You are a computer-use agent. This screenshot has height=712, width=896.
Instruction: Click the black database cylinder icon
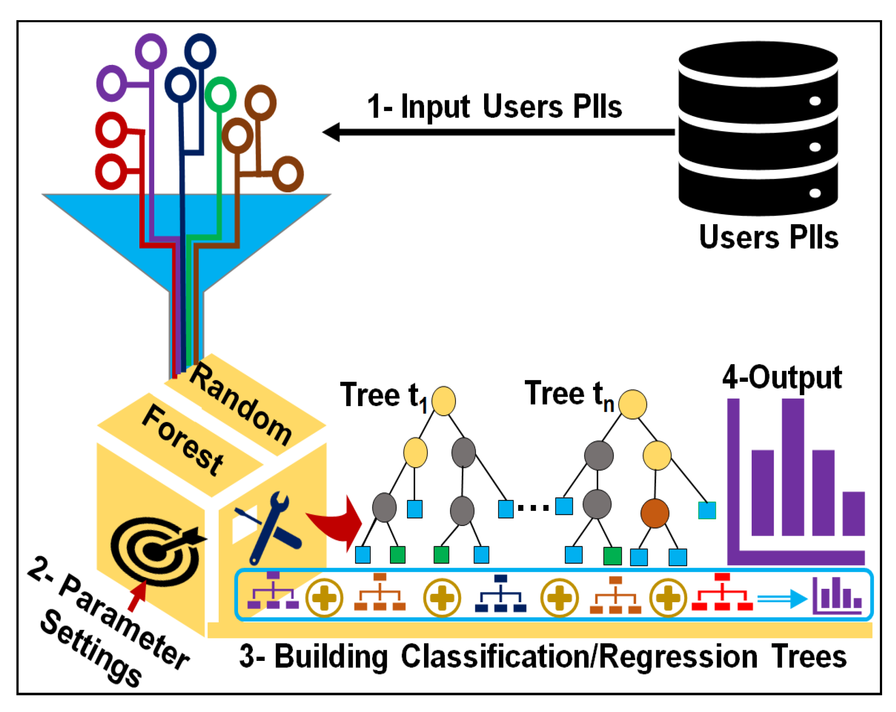tap(757, 129)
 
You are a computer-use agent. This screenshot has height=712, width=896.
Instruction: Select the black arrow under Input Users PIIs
tap(498, 132)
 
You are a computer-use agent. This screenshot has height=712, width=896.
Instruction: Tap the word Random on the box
tap(241, 404)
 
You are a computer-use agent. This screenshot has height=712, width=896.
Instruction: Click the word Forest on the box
tap(183, 440)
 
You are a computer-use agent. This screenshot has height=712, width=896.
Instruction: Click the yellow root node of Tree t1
tap(443, 401)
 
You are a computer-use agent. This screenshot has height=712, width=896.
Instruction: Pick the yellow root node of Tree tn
tap(632, 404)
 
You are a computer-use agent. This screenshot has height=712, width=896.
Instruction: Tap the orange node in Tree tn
tap(655, 513)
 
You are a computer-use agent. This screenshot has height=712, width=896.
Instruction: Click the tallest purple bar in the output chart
tap(792, 467)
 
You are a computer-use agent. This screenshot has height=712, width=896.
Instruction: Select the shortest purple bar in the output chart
tap(853, 514)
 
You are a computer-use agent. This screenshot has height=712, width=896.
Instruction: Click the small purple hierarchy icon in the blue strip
tap(273, 590)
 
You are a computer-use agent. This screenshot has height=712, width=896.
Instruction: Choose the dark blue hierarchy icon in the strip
tap(500, 593)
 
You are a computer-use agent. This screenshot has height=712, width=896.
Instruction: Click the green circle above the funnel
tap(220, 95)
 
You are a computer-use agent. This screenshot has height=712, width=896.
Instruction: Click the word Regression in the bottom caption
tap(678, 657)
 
